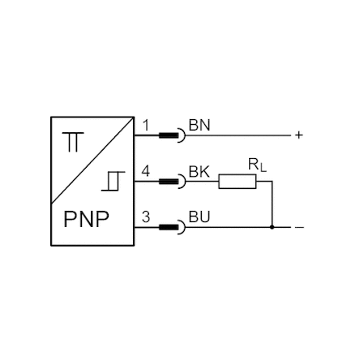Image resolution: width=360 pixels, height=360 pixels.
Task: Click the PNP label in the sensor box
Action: pos(87,219)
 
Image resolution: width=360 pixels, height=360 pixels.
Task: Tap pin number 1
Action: pos(146,126)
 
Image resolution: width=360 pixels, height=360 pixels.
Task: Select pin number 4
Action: pos(146,171)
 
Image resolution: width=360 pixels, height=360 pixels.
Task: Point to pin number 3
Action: pos(146,217)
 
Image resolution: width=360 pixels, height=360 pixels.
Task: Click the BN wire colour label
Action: pos(199,126)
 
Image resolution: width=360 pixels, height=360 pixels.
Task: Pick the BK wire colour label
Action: pos(199,172)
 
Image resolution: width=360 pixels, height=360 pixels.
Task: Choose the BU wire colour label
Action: pos(199,217)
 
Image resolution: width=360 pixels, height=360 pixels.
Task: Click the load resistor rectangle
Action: pos(238,182)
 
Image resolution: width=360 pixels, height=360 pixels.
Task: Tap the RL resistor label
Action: pos(257,165)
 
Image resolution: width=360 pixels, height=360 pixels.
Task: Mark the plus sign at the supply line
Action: pos(299,135)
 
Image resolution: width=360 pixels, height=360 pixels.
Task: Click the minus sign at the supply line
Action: pos(299,228)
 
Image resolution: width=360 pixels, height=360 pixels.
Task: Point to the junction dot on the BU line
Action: pos(272,227)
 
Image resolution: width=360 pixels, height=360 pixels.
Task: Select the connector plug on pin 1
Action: pos(172,135)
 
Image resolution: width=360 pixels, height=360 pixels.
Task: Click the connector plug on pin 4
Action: pos(172,182)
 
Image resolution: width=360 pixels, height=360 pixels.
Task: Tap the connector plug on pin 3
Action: pos(172,227)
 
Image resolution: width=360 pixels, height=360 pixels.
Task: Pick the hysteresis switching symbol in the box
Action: pos(114,181)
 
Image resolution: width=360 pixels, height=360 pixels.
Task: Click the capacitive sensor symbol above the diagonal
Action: pos(73,142)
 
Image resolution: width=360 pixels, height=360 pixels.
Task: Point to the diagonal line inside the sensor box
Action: pos(92,160)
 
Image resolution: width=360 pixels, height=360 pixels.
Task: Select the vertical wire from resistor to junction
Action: pos(272,204)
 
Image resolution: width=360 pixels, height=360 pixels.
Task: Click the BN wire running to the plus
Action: pos(238,135)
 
